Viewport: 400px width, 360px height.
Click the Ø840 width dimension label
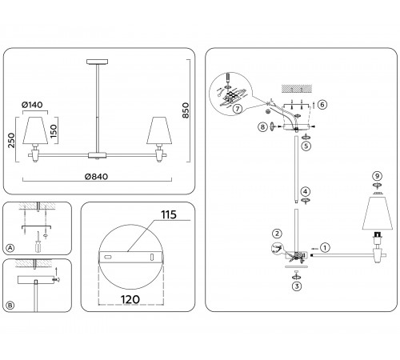[x=96, y=177]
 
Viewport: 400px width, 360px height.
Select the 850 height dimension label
[x=186, y=110]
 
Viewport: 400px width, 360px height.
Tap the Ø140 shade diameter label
[x=32, y=105]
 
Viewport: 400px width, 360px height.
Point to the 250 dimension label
[x=11, y=140]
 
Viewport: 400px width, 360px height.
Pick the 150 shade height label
[x=54, y=131]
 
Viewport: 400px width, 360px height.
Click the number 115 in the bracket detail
[x=169, y=214]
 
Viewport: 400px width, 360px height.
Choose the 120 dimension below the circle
[x=130, y=299]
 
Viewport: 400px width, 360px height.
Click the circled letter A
[x=10, y=248]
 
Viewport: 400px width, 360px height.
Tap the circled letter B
[x=10, y=306]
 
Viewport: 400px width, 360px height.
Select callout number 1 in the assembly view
[x=325, y=248]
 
